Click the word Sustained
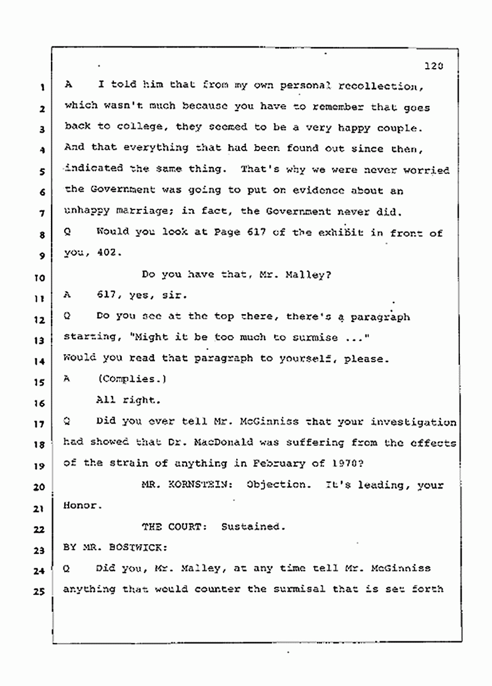point(252,527)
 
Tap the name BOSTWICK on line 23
point(136,548)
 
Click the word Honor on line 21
point(79,506)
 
